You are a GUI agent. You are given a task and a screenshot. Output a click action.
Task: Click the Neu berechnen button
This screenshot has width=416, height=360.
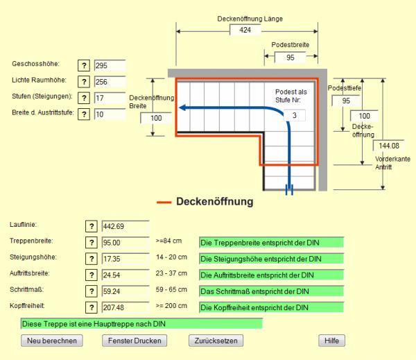pos(53,341)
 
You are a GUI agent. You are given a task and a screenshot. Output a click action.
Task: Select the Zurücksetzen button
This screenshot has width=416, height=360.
pos(215,341)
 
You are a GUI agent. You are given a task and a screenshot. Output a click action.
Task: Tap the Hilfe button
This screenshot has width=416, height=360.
pos(331,341)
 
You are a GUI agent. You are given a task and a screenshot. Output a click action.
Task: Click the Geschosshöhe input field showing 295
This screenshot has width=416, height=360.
pos(110,66)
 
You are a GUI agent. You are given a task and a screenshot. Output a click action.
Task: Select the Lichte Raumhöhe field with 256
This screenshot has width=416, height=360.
pos(110,82)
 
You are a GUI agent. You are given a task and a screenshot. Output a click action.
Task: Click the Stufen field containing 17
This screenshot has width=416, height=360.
pos(110,98)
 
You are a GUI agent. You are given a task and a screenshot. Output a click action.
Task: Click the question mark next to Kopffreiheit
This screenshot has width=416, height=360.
pos(91,307)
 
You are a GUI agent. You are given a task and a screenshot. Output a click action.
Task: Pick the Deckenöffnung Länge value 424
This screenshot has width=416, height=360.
pos(245,31)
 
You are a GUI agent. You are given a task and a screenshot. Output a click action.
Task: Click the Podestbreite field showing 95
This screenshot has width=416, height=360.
pos(290,58)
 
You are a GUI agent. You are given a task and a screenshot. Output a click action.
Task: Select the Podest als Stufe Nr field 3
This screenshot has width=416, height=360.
pos(295,114)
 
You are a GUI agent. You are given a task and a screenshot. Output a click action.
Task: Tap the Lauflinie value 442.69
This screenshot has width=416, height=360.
pos(125,226)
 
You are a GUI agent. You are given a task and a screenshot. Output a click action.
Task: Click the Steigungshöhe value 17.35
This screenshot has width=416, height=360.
pos(125,259)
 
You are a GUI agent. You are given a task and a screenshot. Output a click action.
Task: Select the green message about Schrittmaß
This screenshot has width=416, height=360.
pos(271,291)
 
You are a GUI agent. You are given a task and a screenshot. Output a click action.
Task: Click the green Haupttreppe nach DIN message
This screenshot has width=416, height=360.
pos(141,323)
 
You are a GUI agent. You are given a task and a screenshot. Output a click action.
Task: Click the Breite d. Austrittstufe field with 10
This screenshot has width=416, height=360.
pos(110,114)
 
